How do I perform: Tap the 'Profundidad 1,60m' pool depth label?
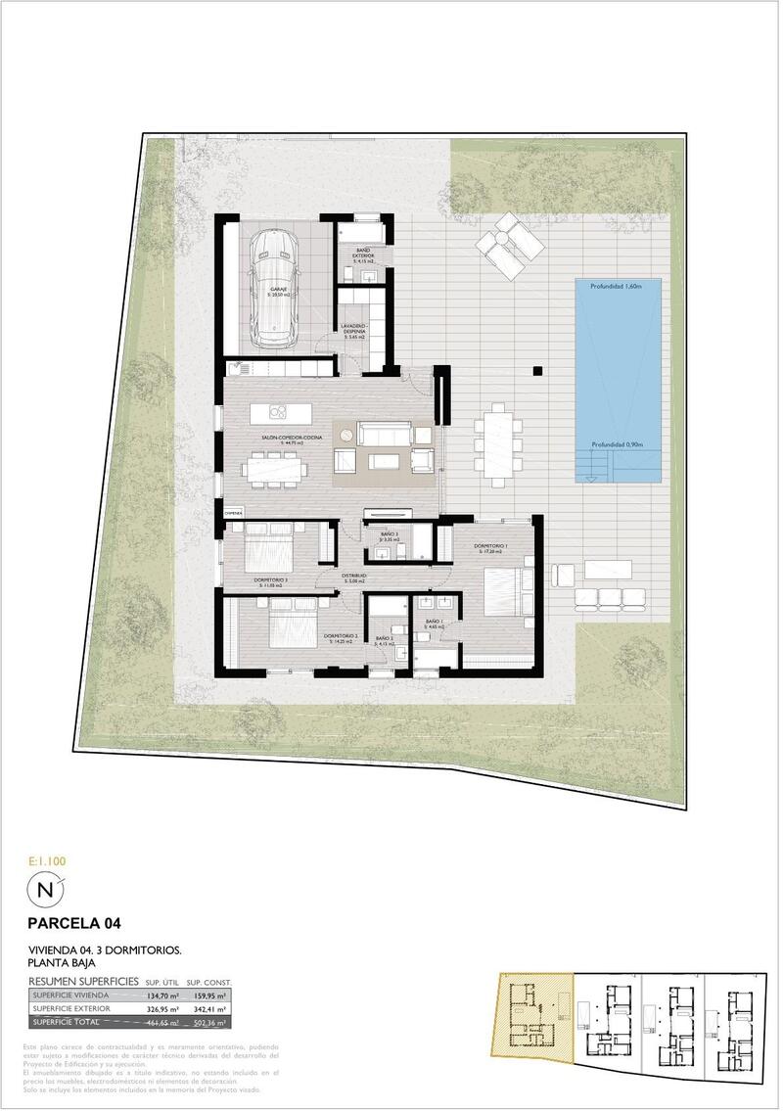pyautogui.click(x=615, y=287)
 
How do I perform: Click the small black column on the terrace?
pyautogui.click(x=537, y=370)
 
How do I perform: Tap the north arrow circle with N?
pyautogui.click(x=45, y=890)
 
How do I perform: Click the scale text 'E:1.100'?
pyautogui.click(x=48, y=860)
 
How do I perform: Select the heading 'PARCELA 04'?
pyautogui.click(x=74, y=922)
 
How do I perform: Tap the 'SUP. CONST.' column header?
pyautogui.click(x=207, y=981)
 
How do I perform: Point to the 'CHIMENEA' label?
pyautogui.click(x=233, y=512)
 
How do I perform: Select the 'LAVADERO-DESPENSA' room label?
pyautogui.click(x=354, y=330)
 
